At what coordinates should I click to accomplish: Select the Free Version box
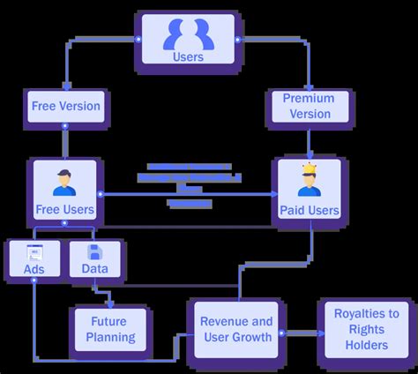[x=66, y=108]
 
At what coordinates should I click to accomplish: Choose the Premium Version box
[x=309, y=106]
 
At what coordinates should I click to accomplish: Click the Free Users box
[x=65, y=191]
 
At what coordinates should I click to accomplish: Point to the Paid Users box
[x=309, y=192]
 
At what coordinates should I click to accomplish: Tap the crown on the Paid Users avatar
[x=309, y=168]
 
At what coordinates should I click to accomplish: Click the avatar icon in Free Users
[x=64, y=180]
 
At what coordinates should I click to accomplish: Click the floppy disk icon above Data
[x=95, y=252]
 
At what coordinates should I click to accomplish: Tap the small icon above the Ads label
[x=34, y=251]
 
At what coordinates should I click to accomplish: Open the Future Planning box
[x=111, y=328]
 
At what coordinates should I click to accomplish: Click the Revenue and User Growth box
[x=236, y=328]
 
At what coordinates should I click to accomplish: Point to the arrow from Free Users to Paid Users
[x=189, y=193]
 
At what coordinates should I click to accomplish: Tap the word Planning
[x=111, y=337]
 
